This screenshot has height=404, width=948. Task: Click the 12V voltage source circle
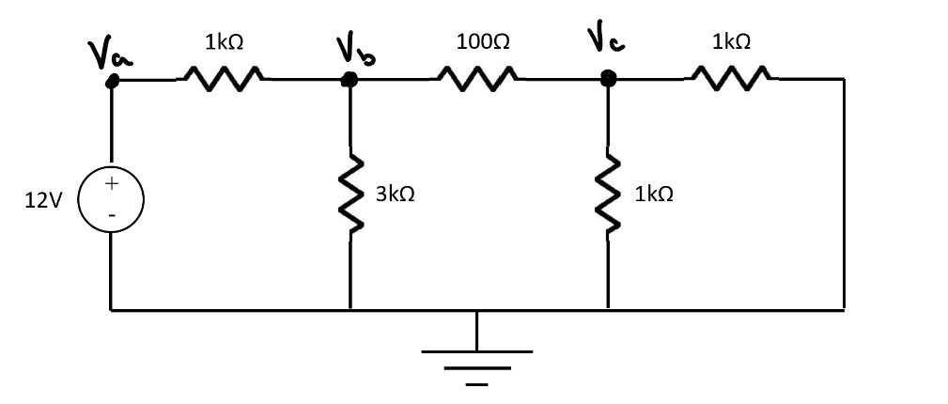point(111,198)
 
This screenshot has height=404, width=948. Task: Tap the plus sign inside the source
point(111,183)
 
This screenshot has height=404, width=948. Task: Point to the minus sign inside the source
point(111,215)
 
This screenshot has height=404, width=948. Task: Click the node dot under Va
point(112,82)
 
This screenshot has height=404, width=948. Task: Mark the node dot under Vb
point(350,80)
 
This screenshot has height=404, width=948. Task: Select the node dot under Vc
point(608,81)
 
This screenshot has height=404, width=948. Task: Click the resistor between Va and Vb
point(224,80)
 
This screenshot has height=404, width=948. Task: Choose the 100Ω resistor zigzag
point(476,80)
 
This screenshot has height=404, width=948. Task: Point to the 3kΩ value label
point(395,194)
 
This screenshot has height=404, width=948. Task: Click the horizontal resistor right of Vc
point(731,80)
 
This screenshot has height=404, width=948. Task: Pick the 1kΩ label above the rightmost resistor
point(731,42)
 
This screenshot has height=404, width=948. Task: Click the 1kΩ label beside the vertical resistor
point(653,194)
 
